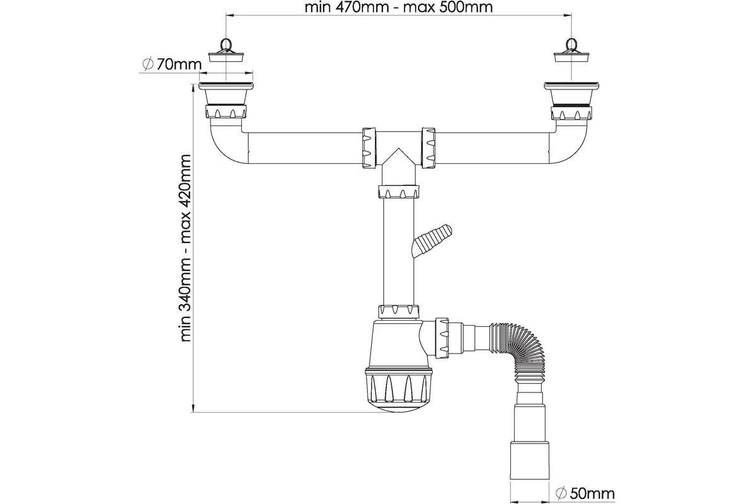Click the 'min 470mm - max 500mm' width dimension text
click(x=398, y=8)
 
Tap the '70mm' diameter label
click(x=180, y=64)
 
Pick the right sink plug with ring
click(x=572, y=51)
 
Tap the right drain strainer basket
click(x=572, y=94)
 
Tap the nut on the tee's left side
click(x=369, y=148)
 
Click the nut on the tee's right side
click(x=430, y=148)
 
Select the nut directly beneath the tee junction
click(x=399, y=192)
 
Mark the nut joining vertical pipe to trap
click(x=399, y=311)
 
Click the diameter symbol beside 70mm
click(x=148, y=64)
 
